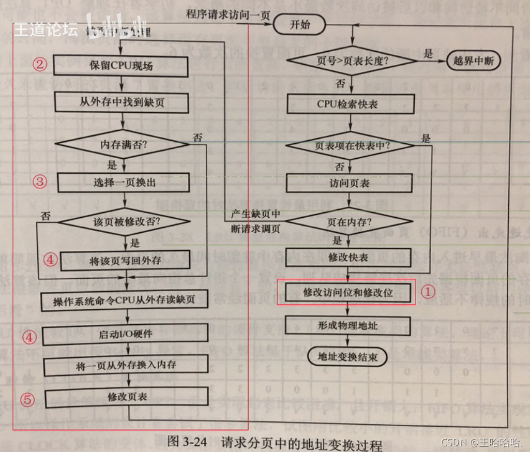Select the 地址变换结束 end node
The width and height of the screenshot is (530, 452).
click(347, 357)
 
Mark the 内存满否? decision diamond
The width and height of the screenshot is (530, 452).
click(123, 145)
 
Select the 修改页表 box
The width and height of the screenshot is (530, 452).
click(126, 397)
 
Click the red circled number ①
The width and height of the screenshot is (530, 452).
click(427, 291)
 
